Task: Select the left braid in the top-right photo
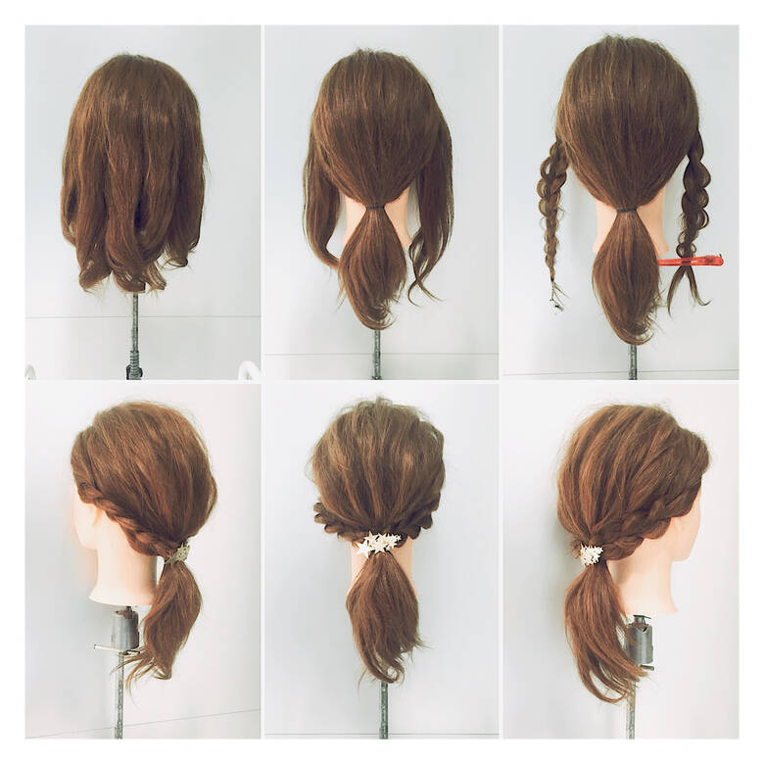coord(551,206)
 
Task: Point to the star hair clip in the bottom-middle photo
coord(378,543)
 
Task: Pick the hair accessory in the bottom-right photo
coord(591,554)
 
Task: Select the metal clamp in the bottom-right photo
coord(640,639)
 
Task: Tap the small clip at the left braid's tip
coord(556,294)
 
